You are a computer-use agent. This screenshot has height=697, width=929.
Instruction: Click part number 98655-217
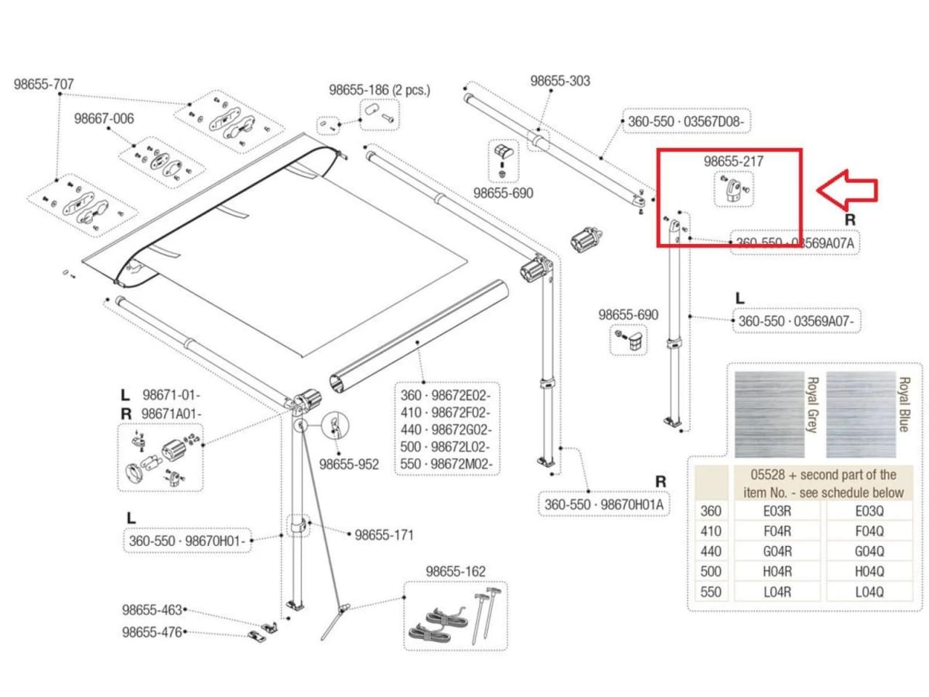[733, 161]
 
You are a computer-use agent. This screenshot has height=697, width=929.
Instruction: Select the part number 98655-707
[44, 84]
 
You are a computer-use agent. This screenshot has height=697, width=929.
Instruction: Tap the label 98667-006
[104, 118]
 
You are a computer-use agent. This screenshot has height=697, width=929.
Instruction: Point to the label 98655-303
[560, 81]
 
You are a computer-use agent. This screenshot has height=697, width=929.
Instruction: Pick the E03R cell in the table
[777, 510]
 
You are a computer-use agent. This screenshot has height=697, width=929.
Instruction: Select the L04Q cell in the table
[869, 592]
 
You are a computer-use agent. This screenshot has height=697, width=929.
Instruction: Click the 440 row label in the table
[711, 551]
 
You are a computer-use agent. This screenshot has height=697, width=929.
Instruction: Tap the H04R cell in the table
[777, 571]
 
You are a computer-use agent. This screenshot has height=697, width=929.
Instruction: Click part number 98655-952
[348, 464]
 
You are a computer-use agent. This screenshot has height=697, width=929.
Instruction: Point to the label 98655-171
[384, 535]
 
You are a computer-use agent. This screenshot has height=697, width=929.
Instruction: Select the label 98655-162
[455, 571]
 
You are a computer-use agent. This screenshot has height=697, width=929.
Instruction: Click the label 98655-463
[152, 610]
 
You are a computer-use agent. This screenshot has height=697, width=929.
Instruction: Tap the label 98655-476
[152, 632]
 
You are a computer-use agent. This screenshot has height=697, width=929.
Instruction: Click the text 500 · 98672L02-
[445, 447]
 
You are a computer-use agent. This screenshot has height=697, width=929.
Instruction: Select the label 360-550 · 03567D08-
[684, 121]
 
